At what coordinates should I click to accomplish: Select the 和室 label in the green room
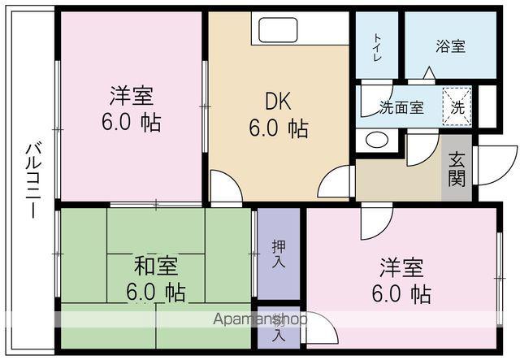(156, 266)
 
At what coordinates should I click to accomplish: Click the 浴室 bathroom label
(451, 46)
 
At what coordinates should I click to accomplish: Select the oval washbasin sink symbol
(377, 139)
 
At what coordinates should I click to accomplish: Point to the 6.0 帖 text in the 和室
(155, 292)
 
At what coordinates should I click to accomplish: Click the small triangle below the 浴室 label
(428, 72)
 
